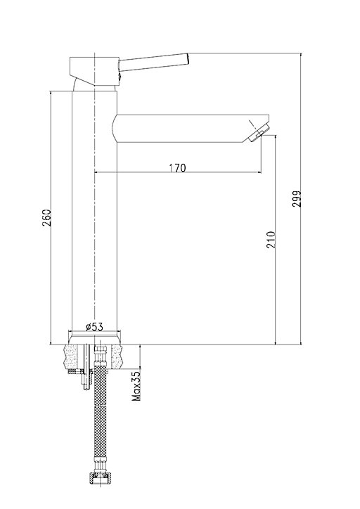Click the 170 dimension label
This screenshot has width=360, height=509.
pos(177,168)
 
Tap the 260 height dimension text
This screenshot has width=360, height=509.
pos(46,218)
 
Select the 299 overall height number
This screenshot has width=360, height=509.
pos(297,199)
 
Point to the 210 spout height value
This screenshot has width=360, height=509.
pos(271,240)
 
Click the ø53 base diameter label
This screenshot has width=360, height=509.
pos(94,327)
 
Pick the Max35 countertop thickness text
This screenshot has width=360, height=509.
pos(136,386)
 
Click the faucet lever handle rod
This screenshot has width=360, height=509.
pos(153,62)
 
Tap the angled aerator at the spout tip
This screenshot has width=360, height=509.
pos(259,131)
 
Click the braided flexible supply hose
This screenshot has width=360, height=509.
pos(100,419)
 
